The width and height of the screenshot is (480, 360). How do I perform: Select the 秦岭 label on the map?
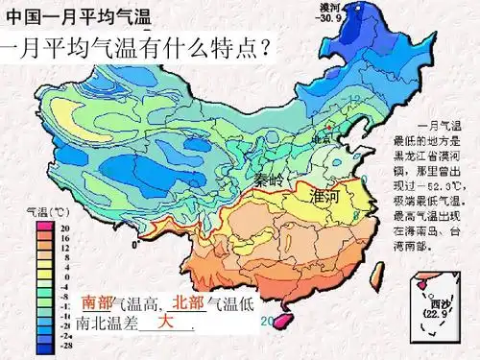click(x=271, y=180)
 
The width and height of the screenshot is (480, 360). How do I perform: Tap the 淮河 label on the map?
click(x=326, y=197)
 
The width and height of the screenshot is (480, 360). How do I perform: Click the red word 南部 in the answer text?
click(x=97, y=303)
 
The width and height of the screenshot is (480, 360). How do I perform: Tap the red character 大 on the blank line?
click(x=165, y=321)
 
